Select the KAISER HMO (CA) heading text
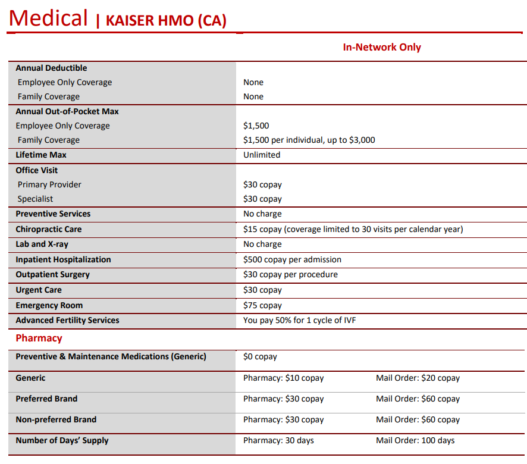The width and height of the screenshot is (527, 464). (x=166, y=21)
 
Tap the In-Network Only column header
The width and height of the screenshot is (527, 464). (x=381, y=48)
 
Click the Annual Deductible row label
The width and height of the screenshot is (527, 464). (x=51, y=68)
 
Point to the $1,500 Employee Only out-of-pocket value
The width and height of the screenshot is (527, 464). (x=256, y=126)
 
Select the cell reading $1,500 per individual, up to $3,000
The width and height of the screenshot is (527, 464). (x=309, y=140)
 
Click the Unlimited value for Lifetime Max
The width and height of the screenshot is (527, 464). (x=261, y=155)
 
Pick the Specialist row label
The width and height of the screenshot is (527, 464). (x=35, y=199)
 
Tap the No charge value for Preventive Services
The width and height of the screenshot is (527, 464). (x=262, y=214)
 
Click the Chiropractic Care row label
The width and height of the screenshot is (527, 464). (x=49, y=230)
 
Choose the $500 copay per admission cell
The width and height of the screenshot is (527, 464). (x=292, y=260)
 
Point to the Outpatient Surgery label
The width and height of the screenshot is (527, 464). (x=52, y=275)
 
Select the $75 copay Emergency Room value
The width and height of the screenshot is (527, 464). (x=262, y=306)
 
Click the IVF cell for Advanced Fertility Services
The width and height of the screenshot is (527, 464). (x=299, y=321)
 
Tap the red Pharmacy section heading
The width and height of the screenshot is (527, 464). (x=39, y=338)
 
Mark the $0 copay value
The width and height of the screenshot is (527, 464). (x=260, y=357)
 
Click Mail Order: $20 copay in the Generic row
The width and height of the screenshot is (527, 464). (x=418, y=378)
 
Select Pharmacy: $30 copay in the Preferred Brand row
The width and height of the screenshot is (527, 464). (x=283, y=399)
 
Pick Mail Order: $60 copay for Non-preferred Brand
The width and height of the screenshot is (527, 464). (x=418, y=420)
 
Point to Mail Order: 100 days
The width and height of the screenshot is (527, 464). (x=415, y=441)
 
